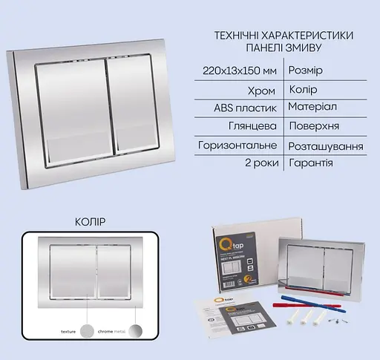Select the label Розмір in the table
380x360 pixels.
pos(309,70)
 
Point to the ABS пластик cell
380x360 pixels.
pos(246,108)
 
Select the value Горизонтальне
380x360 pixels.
pos(237,145)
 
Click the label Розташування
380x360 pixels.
pos(327,145)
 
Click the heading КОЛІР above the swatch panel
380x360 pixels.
pos(91,221)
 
